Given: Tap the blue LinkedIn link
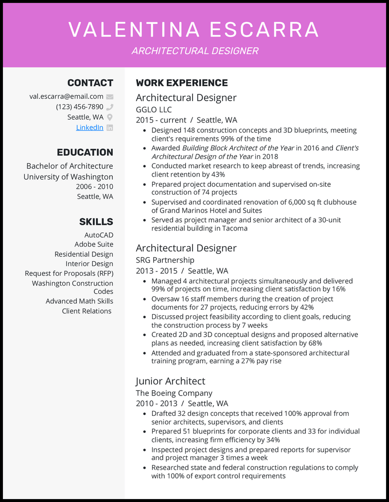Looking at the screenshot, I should [89, 127].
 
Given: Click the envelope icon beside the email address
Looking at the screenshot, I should [110, 96].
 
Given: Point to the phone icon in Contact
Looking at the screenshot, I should [110, 107].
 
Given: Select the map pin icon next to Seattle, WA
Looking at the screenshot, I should [110, 117].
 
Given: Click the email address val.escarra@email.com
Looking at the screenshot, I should [66, 96].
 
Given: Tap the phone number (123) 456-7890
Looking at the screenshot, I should [79, 107].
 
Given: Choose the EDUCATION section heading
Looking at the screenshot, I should [85, 152].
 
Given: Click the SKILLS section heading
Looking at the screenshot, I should [96, 222].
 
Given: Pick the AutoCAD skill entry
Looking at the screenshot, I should [99, 235].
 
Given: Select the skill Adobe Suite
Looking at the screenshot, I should [94, 244].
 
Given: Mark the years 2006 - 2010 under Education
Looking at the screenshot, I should [94, 187].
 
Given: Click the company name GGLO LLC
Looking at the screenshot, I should [154, 109].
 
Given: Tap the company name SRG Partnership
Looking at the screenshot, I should [165, 260].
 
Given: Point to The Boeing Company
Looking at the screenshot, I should [174, 393].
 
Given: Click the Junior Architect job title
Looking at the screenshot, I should [170, 381].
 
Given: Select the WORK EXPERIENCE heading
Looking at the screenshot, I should [182, 83].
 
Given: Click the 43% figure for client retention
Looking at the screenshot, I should [218, 174].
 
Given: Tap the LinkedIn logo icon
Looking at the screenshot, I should [110, 127].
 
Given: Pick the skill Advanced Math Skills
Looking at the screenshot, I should [79, 301].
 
